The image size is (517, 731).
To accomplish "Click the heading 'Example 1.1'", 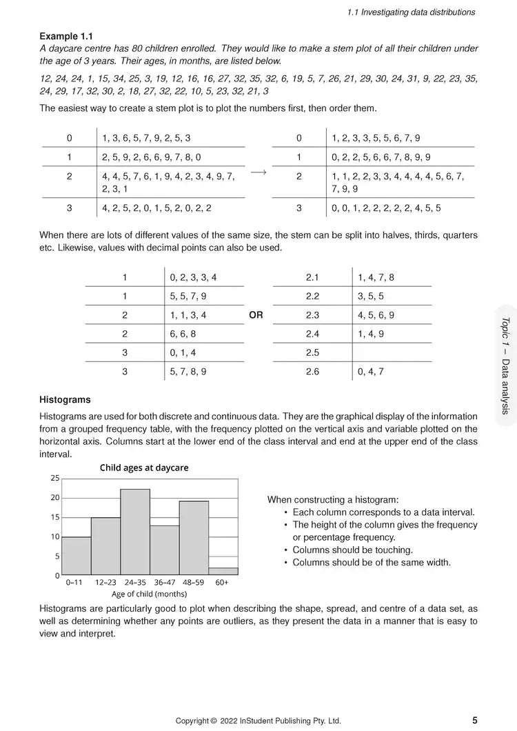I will click(66, 36).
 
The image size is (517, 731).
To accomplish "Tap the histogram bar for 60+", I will click(223, 571).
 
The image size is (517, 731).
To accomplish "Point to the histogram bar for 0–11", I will click(76, 556).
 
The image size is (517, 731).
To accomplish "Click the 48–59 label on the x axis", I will click(194, 582).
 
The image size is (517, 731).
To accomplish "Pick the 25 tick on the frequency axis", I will click(55, 477).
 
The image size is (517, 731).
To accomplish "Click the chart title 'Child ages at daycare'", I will click(144, 468).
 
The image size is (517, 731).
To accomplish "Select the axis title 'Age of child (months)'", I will click(149, 593).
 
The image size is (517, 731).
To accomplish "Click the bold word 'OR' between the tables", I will click(256, 315).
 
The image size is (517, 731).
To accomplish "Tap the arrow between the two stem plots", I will click(258, 174).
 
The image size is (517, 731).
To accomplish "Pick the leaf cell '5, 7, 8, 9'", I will click(187, 372).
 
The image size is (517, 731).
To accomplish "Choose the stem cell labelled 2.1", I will click(312, 277).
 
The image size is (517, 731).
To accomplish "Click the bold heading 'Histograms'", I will click(65, 399).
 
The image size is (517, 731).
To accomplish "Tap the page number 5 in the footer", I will click(475, 720).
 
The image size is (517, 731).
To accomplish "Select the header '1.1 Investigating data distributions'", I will click(411, 12).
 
